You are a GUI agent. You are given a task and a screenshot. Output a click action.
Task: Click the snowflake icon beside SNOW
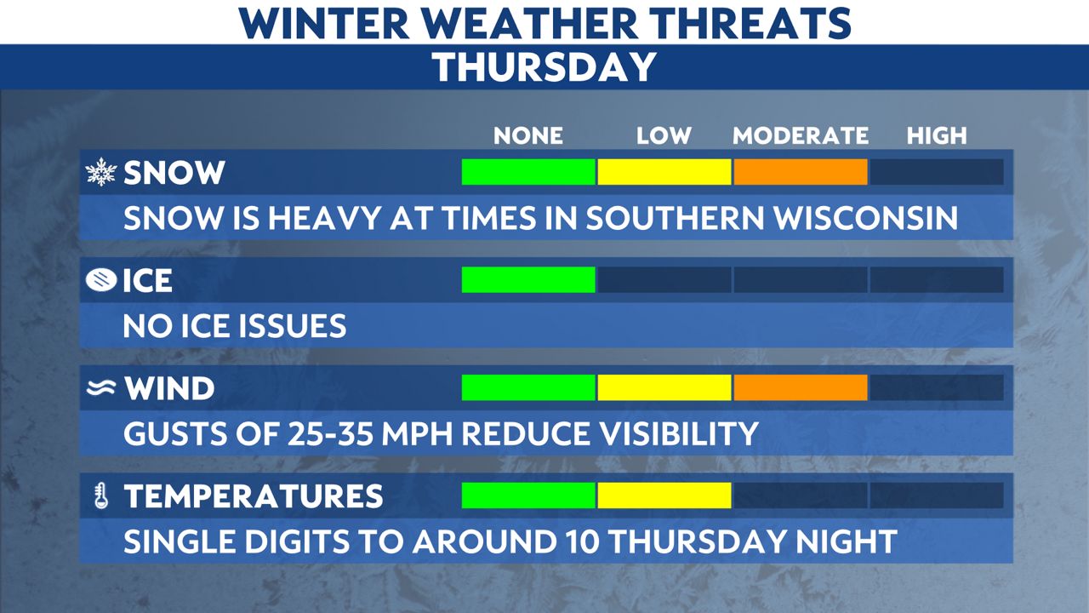pos(101,173)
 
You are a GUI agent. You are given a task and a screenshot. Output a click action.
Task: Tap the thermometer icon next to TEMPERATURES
pos(101,496)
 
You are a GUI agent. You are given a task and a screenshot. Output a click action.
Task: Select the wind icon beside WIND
pos(101,388)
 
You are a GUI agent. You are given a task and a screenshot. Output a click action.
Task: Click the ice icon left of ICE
pos(101,280)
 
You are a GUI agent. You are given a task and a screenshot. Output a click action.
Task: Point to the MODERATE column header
pos(800,135)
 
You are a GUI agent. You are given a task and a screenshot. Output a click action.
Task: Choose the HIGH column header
pos(937,135)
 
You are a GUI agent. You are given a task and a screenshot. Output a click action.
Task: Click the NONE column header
pos(528,135)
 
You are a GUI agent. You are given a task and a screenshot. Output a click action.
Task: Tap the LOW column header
pos(664,135)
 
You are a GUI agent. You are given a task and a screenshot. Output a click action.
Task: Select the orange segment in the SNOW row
pos(800,172)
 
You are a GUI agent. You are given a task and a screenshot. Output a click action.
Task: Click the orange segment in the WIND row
pos(800,387)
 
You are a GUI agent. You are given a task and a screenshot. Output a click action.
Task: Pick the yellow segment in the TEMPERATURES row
pos(664,496)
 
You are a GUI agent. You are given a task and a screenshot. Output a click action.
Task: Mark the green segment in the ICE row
pos(528,279)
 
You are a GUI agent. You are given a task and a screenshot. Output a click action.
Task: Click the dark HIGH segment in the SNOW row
pos(936,172)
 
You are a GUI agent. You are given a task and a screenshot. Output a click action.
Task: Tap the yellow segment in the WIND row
pos(664,387)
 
